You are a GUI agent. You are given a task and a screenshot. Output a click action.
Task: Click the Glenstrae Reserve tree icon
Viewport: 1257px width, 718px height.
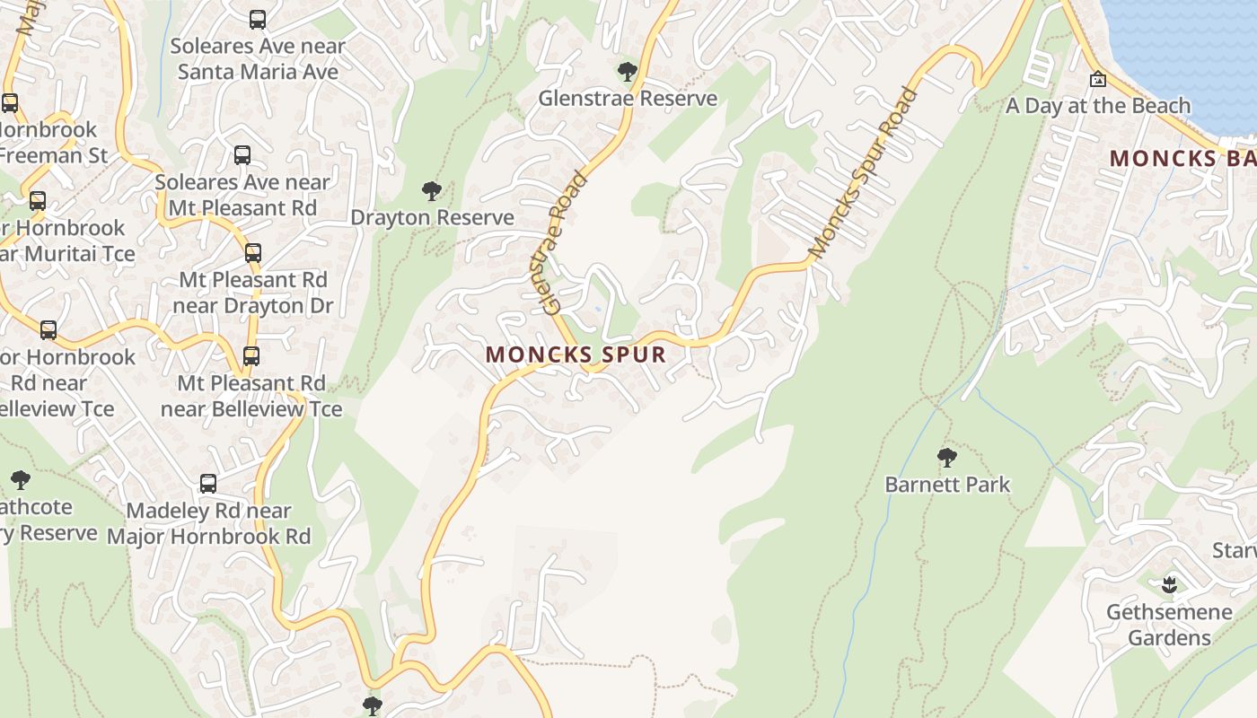point(628,72)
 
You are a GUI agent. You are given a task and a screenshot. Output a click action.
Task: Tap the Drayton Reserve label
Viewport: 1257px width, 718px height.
point(432,218)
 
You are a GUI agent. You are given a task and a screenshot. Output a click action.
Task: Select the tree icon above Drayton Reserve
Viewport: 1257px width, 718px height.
point(432,191)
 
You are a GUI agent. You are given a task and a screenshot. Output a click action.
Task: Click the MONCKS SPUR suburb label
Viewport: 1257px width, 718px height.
point(576,355)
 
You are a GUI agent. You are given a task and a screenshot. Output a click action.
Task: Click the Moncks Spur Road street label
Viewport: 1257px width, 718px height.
point(863,172)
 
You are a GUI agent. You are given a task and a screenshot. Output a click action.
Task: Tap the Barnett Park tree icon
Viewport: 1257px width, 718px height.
point(946,458)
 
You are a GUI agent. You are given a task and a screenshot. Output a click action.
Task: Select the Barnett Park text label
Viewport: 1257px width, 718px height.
point(947,485)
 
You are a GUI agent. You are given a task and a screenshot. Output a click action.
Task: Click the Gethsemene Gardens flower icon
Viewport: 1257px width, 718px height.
point(1168,586)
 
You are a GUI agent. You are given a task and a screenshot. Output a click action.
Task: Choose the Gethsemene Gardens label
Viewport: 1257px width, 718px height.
point(1169,625)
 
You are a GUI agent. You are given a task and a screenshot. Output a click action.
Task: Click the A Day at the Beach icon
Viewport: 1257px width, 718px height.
point(1097,79)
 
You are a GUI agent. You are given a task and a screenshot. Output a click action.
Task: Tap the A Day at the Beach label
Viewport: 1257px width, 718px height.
point(1097,106)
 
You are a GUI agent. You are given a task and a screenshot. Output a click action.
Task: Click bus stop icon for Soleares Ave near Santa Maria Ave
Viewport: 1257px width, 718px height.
point(258,19)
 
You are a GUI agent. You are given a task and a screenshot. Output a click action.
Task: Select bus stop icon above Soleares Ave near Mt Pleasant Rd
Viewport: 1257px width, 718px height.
point(242,155)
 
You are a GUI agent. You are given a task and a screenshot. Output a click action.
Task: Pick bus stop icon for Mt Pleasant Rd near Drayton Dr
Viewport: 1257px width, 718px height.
point(253,253)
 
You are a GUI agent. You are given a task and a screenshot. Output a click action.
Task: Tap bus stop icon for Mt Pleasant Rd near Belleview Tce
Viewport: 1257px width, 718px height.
point(251,356)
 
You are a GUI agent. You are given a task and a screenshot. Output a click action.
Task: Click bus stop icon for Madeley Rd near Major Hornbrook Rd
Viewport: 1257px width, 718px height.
point(208,484)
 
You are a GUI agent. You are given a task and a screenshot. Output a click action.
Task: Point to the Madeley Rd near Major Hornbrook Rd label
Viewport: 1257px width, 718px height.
point(208,524)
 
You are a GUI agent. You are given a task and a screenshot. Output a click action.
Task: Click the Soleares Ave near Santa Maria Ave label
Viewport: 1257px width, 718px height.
point(258,58)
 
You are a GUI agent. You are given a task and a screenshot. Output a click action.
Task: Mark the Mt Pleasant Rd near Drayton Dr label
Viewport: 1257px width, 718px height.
point(253,293)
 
